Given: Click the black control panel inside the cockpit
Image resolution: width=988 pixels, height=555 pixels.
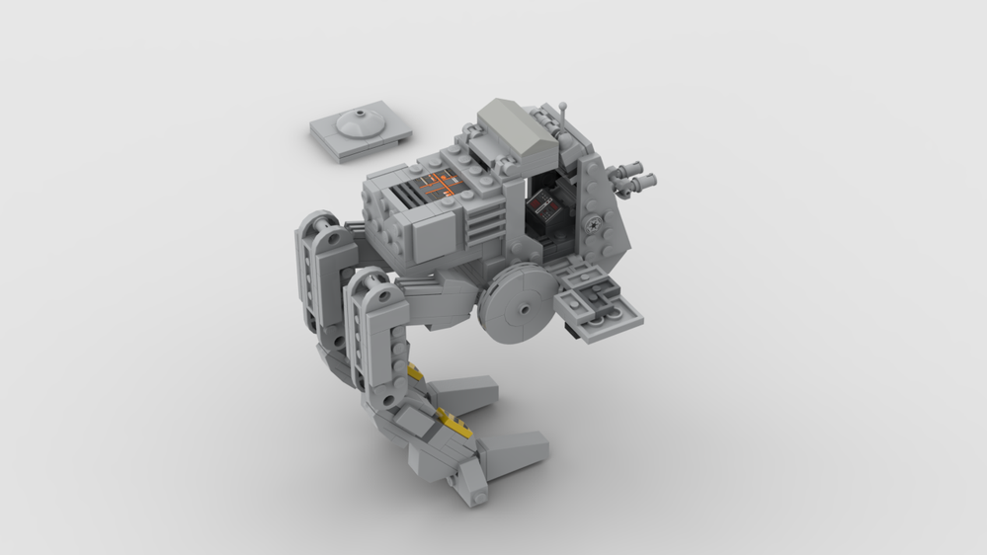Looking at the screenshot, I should tap(542, 210).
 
